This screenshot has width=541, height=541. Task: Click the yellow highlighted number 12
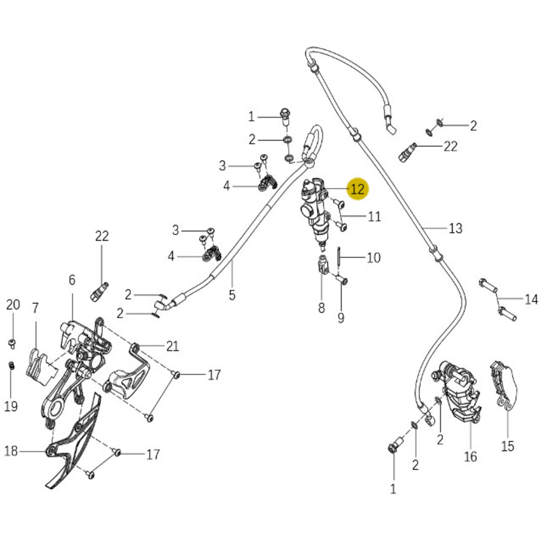(357, 189)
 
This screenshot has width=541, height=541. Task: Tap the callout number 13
(455, 228)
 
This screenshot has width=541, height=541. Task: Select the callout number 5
(232, 295)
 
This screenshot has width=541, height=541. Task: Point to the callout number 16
(470, 457)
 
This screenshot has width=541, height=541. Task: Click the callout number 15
(508, 446)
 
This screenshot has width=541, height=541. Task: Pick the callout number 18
(11, 451)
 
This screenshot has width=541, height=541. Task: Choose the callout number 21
(173, 346)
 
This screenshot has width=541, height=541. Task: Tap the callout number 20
(13, 305)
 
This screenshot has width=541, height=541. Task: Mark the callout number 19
(11, 406)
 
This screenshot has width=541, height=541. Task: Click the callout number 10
(373, 258)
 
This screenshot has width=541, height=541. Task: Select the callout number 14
(531, 299)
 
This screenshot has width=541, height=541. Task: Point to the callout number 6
(72, 280)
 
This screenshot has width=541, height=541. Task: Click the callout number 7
(35, 308)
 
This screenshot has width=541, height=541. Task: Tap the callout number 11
(374, 216)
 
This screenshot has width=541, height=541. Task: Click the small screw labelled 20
(12, 344)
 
